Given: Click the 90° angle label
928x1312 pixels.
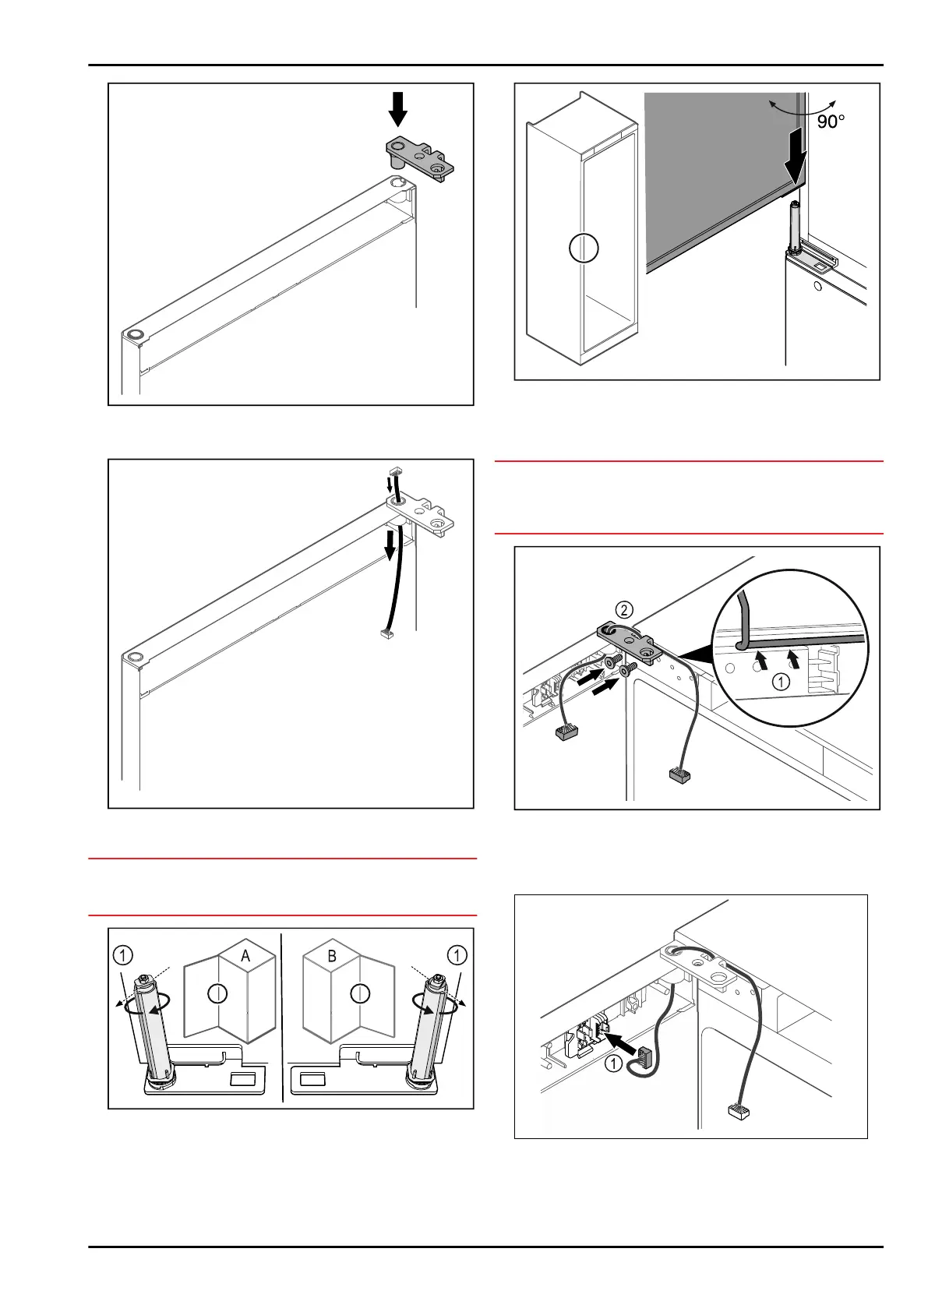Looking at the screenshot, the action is pos(831,122).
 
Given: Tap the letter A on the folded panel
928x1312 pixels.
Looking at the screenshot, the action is pos(245,956).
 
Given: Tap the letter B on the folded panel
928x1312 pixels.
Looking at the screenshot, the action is pos(332,956).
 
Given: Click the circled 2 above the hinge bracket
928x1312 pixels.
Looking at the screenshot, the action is pos(624,609).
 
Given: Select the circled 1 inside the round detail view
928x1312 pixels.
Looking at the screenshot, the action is pos(781,682).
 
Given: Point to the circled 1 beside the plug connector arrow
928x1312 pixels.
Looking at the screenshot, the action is pos(614,1063).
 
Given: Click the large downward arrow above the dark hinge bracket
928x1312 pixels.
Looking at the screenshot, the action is pos(398,108).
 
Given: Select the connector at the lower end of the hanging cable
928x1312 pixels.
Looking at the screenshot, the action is pos(384,635).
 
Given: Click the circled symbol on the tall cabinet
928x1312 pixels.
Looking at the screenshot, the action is pos(584,249).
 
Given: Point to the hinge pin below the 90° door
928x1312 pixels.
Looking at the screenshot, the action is pos(793,226).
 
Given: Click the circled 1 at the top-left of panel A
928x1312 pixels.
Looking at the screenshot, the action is pos(123,954).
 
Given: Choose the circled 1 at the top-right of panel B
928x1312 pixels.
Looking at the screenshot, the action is pos(457,954).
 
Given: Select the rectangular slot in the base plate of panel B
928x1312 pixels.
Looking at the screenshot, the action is pos(313,1080).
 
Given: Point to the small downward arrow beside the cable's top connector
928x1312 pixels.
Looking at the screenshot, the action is pos(390,485).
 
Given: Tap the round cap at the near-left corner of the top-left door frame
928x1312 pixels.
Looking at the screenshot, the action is pos(136,335).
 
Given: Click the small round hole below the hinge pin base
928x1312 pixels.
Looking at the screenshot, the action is pos(817,287).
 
